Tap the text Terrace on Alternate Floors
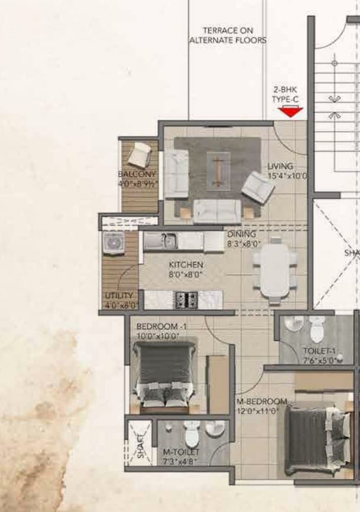[228, 35]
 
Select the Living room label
[280, 166]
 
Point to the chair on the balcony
[140, 154]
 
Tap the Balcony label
[137, 175]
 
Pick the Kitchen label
[186, 265]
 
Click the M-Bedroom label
[261, 402]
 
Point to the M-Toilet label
[181, 452]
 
